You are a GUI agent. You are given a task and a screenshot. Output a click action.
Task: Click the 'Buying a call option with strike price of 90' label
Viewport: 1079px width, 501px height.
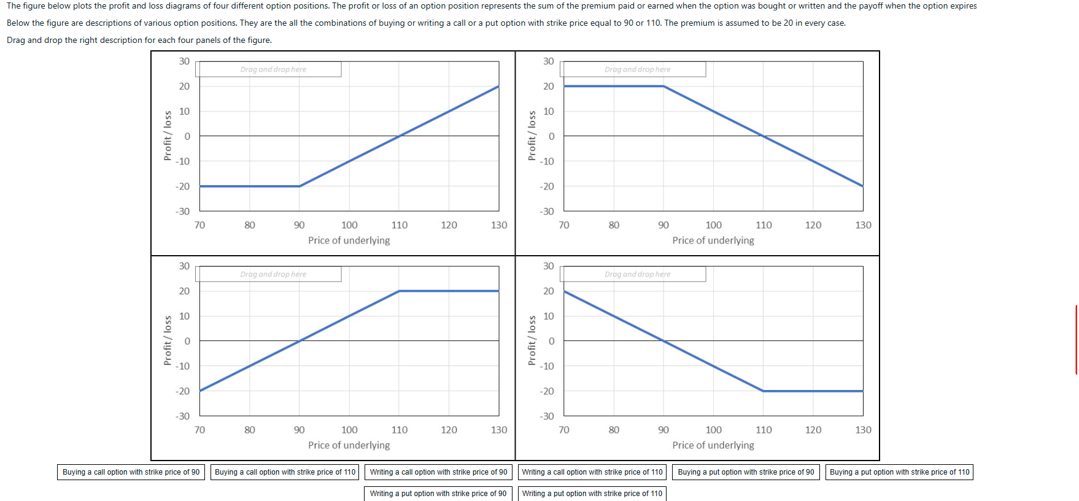point(131,472)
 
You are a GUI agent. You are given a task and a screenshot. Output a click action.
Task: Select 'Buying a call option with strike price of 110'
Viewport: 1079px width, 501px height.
point(285,472)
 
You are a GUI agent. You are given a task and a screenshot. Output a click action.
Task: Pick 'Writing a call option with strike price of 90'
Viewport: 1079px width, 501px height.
point(438,472)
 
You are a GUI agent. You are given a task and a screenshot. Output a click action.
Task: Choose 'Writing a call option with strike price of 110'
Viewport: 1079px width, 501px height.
point(592,472)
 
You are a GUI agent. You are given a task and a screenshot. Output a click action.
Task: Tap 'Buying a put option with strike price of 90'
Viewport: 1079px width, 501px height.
point(746,472)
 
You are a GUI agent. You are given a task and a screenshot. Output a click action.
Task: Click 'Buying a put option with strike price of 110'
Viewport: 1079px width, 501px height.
point(899,472)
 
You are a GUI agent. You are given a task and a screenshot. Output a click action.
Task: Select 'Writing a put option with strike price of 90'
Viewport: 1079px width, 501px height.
point(438,494)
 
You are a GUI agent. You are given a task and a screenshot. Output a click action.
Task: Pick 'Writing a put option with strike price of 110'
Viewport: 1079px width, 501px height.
point(592,494)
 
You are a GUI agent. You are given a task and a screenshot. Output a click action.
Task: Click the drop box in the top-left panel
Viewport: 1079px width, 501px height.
point(268,69)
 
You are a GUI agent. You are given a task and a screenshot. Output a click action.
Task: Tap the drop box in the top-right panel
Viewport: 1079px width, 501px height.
point(633,69)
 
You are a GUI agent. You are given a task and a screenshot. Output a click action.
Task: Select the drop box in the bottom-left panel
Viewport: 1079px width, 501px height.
point(268,274)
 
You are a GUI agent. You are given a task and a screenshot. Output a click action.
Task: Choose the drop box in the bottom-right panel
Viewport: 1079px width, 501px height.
point(633,274)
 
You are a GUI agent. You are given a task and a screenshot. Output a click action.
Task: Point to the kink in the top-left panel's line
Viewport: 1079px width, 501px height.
point(300,186)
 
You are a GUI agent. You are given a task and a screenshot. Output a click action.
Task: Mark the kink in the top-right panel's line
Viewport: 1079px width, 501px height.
point(663,86)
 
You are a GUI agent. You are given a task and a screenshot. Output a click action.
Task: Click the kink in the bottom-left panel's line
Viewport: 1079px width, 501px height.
point(399,291)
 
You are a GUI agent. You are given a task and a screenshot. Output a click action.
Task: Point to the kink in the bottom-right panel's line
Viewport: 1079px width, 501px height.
point(764,391)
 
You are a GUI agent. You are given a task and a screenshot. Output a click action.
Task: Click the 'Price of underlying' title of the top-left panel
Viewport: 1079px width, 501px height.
point(349,240)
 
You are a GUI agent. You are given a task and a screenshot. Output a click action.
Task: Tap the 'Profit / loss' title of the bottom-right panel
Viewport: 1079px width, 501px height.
point(532,340)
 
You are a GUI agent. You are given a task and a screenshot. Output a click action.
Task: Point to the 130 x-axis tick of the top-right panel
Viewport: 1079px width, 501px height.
point(863,225)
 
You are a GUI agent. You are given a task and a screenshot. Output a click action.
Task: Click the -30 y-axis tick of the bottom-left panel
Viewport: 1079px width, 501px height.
point(183,416)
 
